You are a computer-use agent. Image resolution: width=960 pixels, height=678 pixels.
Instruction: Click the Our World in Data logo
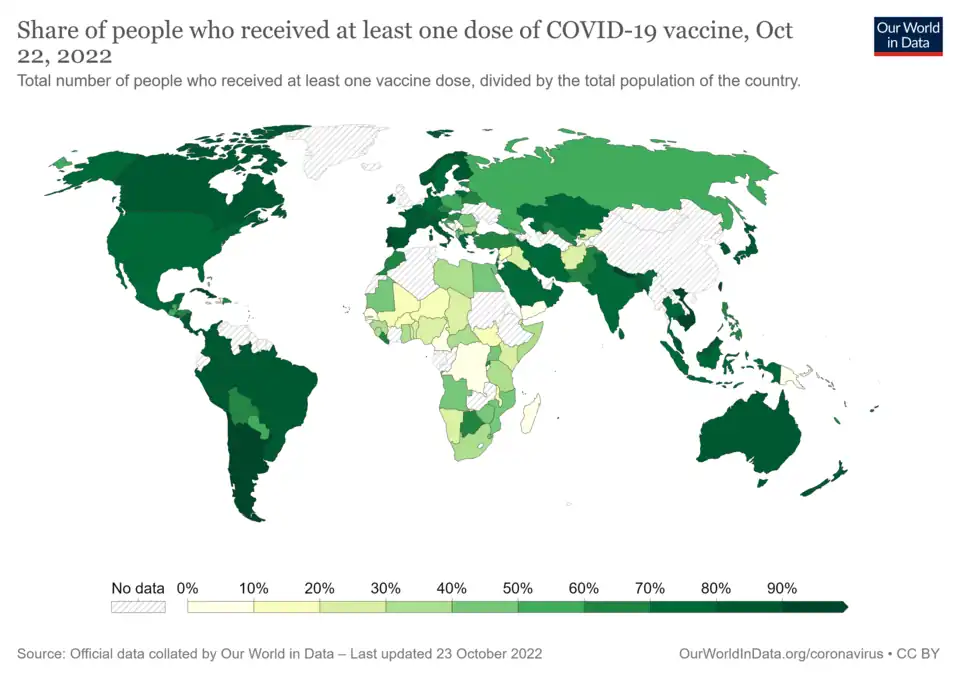(908, 35)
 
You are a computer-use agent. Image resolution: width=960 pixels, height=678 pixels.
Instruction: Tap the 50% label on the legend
(517, 588)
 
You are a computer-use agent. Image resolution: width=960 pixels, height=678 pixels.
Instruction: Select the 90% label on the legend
(782, 588)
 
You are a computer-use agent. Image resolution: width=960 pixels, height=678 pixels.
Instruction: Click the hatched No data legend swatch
(137, 606)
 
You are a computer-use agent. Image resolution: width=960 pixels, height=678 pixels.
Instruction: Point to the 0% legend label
(187, 588)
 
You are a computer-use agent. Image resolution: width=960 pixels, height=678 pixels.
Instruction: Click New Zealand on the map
(826, 479)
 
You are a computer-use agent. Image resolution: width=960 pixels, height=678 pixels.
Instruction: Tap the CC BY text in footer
(919, 653)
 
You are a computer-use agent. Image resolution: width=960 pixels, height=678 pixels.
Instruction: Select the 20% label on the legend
(319, 588)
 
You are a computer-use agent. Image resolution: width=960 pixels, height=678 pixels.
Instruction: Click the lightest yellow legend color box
(220, 606)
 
